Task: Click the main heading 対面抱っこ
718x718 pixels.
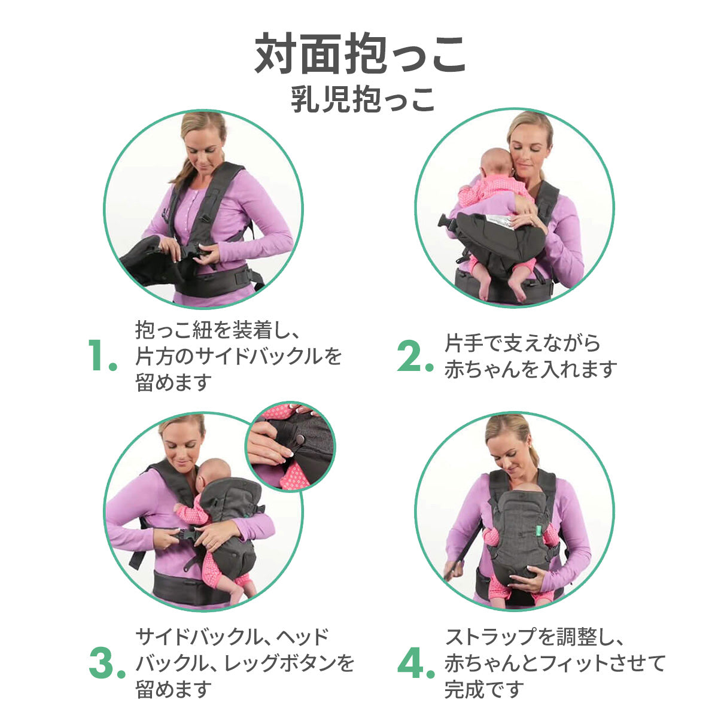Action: [360, 54]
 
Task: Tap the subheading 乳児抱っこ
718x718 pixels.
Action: [362, 99]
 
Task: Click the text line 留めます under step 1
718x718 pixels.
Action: [174, 382]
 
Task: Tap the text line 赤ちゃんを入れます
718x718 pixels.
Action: [531, 370]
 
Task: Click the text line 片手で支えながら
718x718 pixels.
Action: [522, 343]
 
